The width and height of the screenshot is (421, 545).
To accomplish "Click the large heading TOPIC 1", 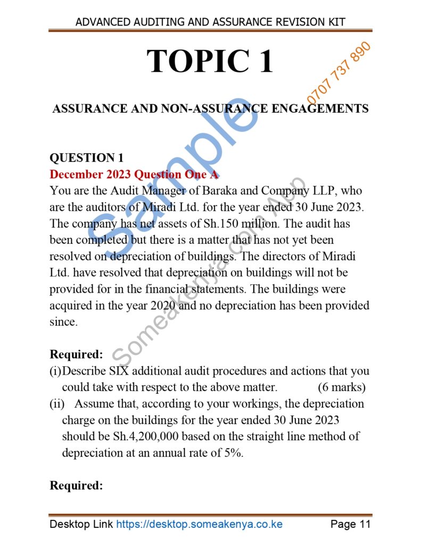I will coord(210,62).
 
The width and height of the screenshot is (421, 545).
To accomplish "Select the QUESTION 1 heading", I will coord(86,158).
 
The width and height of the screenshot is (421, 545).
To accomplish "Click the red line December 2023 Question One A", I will coord(134,174).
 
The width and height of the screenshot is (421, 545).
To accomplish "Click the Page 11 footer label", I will coord(350,524).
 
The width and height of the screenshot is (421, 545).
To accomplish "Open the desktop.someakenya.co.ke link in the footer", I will coord(199,524).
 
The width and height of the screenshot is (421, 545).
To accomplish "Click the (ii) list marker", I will coord(57,403).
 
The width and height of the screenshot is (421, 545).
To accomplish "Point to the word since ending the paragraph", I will coord(63,321).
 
